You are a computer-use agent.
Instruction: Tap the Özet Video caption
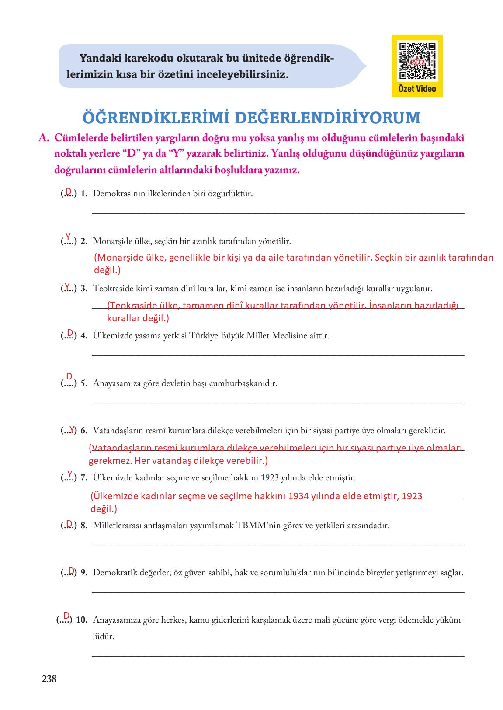pyautogui.click(x=417, y=89)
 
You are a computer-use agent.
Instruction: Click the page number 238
pyautogui.click(x=49, y=679)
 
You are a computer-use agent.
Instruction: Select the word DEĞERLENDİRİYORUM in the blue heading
pyautogui.click(x=327, y=118)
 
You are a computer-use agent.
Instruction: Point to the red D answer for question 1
pyautogui.click(x=68, y=191)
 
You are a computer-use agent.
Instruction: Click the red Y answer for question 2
pyautogui.click(x=68, y=237)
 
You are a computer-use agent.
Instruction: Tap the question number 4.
pyautogui.click(x=84, y=336)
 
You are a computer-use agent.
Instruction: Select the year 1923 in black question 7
pyautogui.click(x=270, y=478)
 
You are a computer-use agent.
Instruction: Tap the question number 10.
pyautogui.click(x=82, y=620)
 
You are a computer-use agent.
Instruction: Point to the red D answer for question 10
pyautogui.click(x=66, y=616)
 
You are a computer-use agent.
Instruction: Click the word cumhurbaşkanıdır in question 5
pyautogui.click(x=243, y=383)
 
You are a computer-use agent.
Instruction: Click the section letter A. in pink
pyautogui.click(x=43, y=138)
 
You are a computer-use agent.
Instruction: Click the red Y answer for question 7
pyautogui.click(x=69, y=474)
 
